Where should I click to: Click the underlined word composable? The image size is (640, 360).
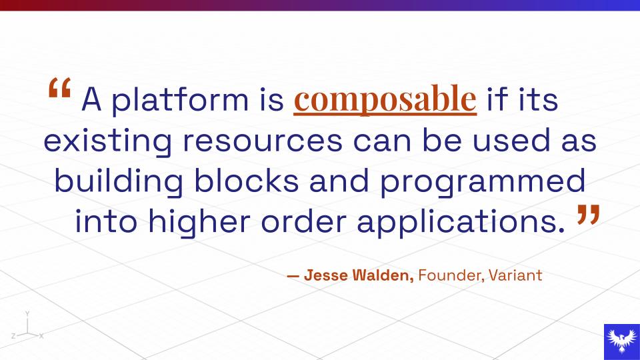click(x=385, y=99)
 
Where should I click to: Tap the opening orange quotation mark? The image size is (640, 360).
click(x=59, y=87)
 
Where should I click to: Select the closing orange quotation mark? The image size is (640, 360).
click(x=589, y=215)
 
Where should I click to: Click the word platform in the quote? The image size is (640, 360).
click(x=180, y=99)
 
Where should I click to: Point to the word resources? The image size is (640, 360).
click(x=263, y=141)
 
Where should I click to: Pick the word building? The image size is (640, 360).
click(x=119, y=181)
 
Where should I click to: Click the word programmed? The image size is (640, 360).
click(x=483, y=181)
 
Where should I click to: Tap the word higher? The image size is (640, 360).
click(x=199, y=221)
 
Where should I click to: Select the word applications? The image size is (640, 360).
click(x=461, y=221)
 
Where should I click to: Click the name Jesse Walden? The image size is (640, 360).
click(x=359, y=275)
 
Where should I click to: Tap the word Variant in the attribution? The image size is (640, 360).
click(x=515, y=275)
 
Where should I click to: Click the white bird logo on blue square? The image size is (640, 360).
click(x=622, y=341)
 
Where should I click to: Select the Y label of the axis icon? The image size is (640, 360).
click(x=27, y=313)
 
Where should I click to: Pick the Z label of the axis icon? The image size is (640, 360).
click(x=13, y=336)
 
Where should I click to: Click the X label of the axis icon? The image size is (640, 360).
click(x=41, y=336)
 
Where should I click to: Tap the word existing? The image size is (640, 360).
click(x=108, y=141)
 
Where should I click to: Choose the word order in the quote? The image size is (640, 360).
click(x=304, y=221)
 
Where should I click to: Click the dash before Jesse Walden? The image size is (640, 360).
click(x=293, y=276)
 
